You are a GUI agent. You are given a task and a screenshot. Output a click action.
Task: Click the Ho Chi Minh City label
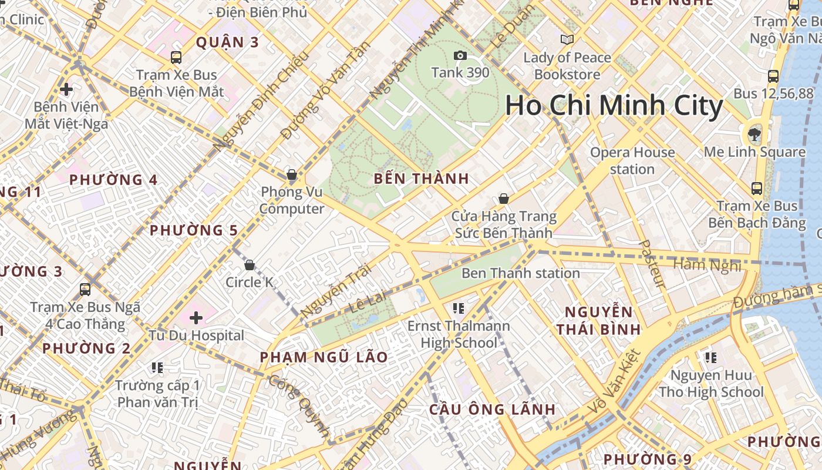[x=614, y=106]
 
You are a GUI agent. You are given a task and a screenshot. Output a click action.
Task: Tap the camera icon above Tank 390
[x=460, y=56]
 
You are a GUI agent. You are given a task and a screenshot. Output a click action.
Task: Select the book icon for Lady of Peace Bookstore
[x=567, y=39]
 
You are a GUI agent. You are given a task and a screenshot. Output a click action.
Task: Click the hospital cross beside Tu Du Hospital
[x=196, y=318]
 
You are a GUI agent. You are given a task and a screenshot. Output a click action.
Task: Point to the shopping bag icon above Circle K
[x=250, y=265]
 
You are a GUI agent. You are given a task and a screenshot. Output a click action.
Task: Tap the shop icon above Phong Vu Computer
[x=291, y=174]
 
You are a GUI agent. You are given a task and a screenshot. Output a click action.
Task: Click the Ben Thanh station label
[x=520, y=273]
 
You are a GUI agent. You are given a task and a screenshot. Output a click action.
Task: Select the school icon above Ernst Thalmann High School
[x=459, y=308]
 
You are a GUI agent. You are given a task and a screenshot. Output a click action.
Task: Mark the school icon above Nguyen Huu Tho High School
[x=711, y=357]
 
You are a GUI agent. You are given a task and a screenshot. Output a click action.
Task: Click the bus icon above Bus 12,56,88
[x=773, y=76]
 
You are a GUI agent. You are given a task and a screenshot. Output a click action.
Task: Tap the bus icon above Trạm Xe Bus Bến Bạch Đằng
[x=757, y=189]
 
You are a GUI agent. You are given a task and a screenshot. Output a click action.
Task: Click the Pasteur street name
[x=652, y=263]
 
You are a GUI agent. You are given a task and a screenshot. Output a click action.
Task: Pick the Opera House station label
[x=632, y=160]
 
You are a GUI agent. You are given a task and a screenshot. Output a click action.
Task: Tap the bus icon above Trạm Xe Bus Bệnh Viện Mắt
[x=176, y=57]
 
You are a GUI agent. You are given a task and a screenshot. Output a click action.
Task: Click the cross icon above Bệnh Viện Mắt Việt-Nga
[x=66, y=89]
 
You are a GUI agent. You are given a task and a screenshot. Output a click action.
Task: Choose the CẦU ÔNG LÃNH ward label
[x=492, y=409]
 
